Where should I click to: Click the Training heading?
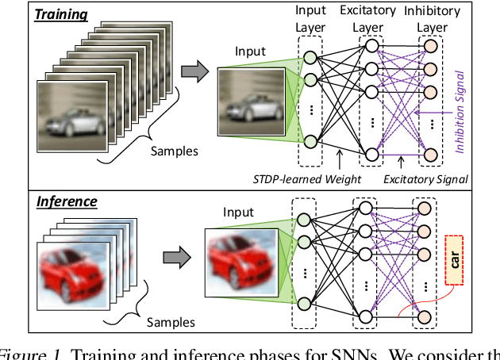point(61,15)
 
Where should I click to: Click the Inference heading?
point(67,201)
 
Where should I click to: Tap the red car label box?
point(456,259)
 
